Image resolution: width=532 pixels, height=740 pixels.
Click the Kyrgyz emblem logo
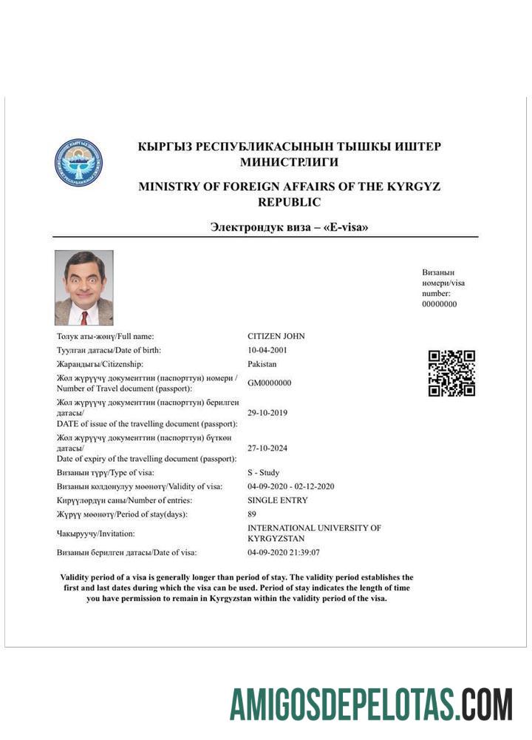(x=78, y=162)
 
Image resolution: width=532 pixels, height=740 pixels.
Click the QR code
(x=451, y=373)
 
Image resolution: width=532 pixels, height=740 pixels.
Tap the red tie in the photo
(x=85, y=317)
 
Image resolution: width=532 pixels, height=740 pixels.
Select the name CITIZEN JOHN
(x=276, y=336)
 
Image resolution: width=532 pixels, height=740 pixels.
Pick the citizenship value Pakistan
(x=262, y=364)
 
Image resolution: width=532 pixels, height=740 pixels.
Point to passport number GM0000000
(x=270, y=383)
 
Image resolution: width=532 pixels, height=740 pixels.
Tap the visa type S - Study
(x=264, y=472)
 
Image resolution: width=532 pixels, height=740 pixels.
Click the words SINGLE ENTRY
(x=278, y=500)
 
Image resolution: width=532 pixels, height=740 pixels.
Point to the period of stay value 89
(x=252, y=514)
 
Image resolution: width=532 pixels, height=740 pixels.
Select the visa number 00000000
(x=440, y=304)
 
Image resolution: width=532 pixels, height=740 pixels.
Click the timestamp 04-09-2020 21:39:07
(x=284, y=552)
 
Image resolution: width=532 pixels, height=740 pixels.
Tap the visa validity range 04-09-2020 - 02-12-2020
(x=291, y=486)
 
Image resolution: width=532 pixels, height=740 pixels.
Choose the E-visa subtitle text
(x=289, y=227)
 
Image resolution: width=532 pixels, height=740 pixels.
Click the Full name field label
(x=106, y=336)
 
